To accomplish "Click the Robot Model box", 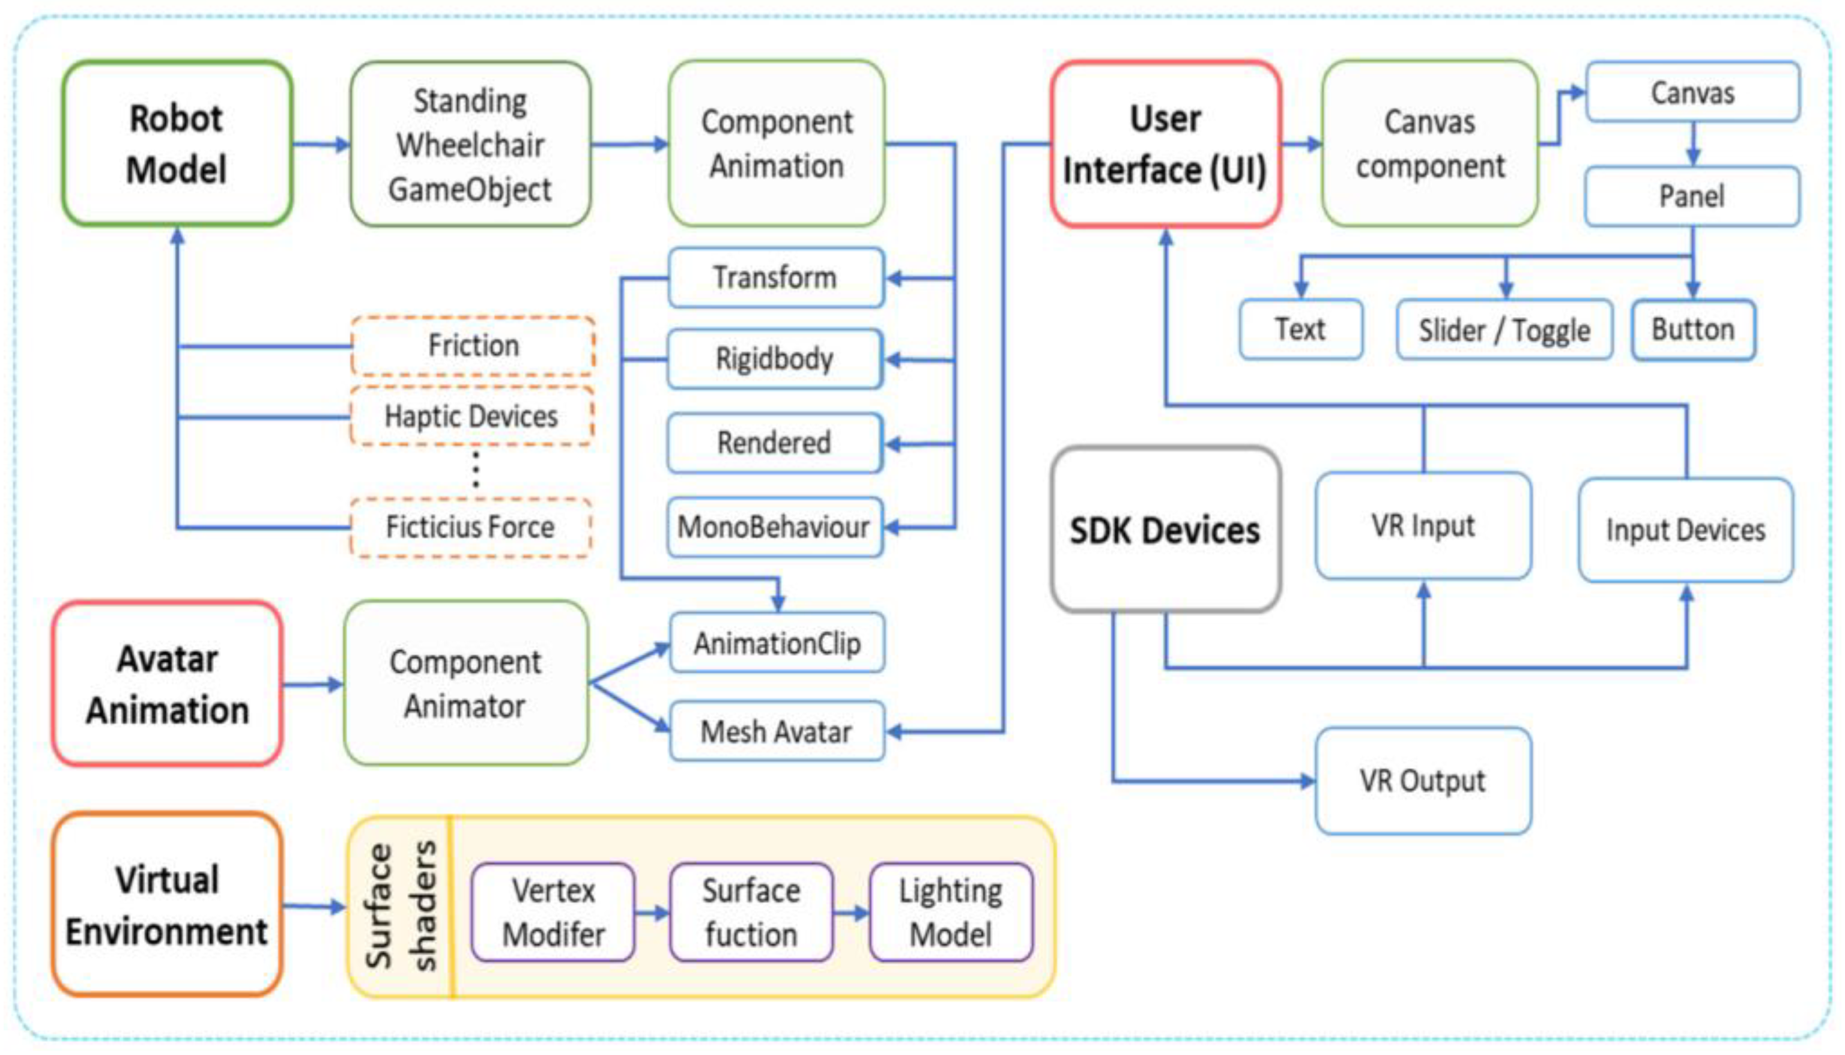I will coord(177,144).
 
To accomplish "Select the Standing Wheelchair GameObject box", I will coord(470,144).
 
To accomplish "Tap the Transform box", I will coord(775,277).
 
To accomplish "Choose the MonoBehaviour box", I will coord(774,527).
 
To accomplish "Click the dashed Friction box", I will coord(473,346).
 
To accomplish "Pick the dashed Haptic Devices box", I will coord(471,417).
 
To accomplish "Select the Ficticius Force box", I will coord(470,527).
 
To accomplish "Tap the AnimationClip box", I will coord(777,642).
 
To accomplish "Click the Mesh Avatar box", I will coord(777,731).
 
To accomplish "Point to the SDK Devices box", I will coord(1165,530).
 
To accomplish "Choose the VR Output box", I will coord(1423,781).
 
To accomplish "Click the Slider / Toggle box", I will coord(1504,330).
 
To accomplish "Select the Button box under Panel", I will coord(1693,330).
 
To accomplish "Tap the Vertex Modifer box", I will coord(553,912).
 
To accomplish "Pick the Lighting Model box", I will coord(951,912).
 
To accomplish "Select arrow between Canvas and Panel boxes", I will coord(1693,144).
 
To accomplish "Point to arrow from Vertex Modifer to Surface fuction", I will coord(652,913).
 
